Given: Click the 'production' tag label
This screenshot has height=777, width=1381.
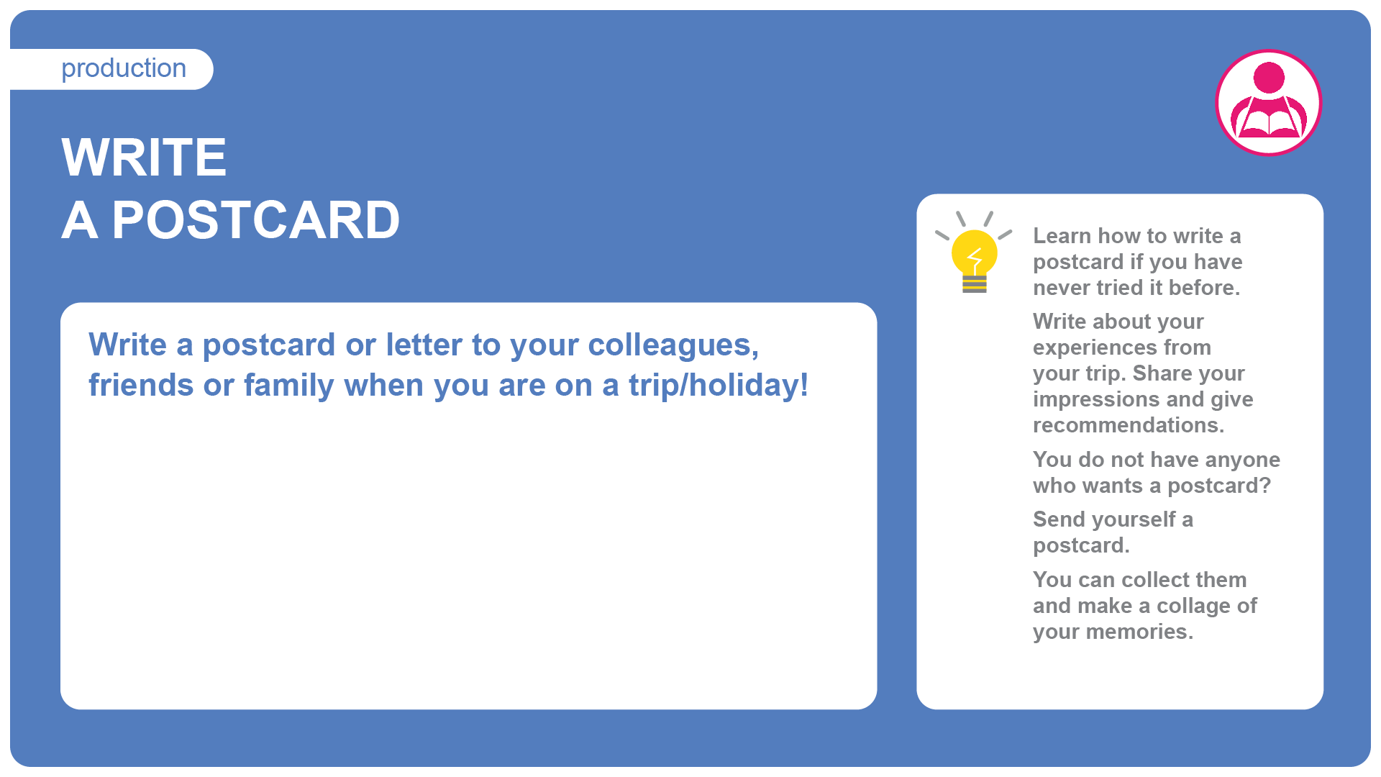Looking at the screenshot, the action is point(124,69).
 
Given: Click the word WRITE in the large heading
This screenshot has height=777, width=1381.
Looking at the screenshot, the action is point(145,157).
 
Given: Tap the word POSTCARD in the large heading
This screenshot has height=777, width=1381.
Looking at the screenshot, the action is point(256,220).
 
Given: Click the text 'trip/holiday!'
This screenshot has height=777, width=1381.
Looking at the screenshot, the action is point(719,386).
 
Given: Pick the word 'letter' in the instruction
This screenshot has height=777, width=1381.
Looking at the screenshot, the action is point(424,345).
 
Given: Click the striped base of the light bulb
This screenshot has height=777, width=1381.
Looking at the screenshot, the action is point(975,284).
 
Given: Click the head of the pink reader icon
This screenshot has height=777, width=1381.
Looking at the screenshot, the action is point(1269,78).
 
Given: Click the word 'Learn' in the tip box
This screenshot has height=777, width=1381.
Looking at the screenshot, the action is point(1062,236).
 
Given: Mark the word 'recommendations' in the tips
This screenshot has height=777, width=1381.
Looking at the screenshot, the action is point(1129,425).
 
